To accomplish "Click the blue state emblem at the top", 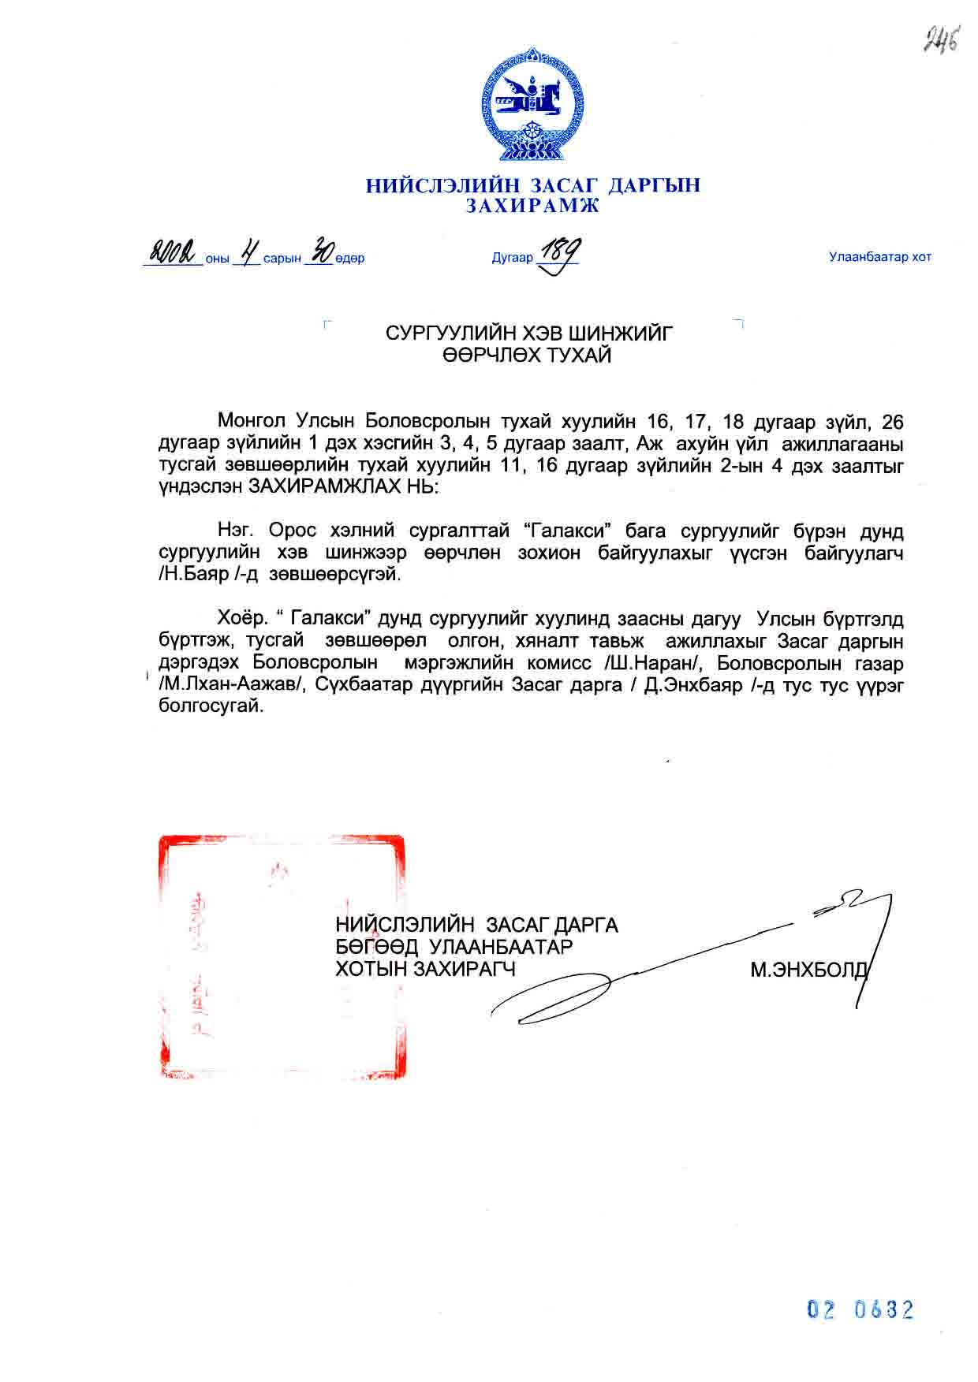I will click(532, 104).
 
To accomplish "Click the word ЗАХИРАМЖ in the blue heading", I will click(532, 207).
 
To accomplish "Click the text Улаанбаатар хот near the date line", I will click(879, 257).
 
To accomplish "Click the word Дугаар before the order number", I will click(512, 258).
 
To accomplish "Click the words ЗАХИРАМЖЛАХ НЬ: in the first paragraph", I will click(342, 486).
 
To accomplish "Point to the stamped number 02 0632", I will click(860, 1309).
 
